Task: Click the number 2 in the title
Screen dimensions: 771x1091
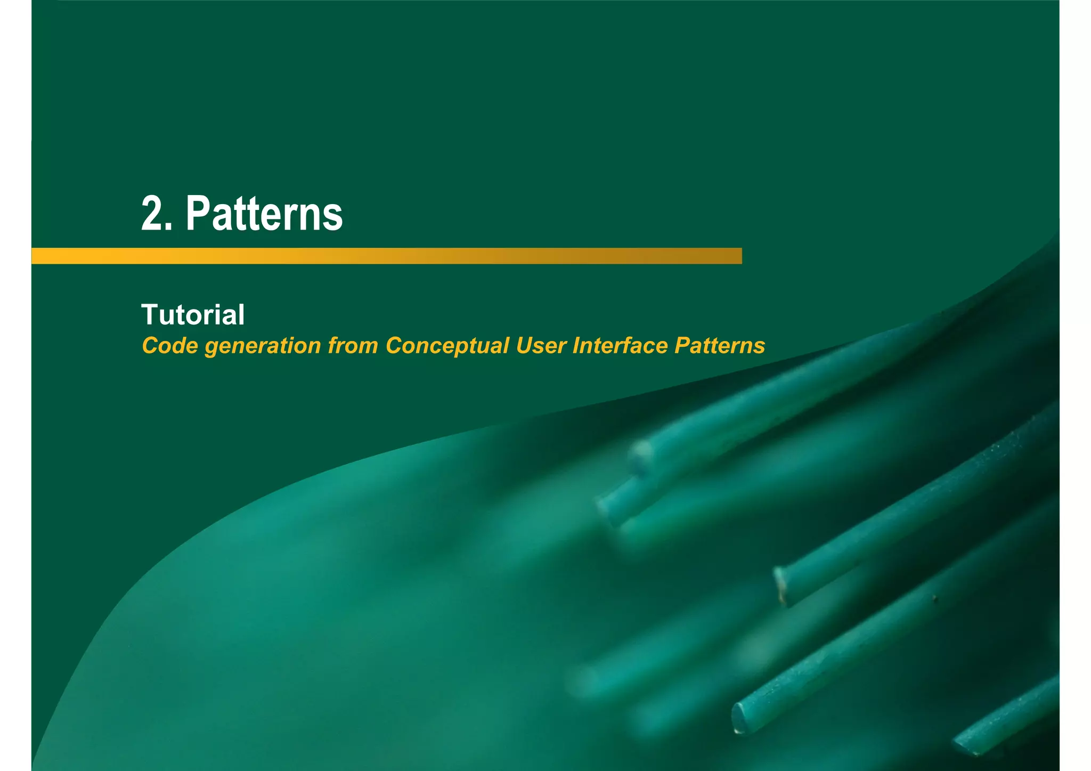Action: point(152,213)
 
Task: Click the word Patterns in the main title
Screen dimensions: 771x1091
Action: point(264,213)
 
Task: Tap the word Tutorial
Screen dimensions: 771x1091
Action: point(193,314)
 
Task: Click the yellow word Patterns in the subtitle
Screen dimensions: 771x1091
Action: point(720,346)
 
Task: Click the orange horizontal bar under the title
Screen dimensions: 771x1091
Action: point(386,256)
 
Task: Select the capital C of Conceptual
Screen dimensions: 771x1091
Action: point(395,346)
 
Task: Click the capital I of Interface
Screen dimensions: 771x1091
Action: point(576,346)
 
